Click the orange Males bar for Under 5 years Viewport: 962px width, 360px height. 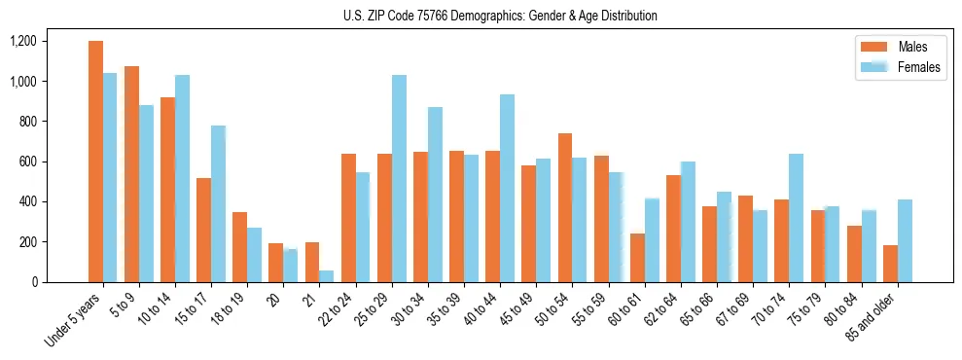coord(95,162)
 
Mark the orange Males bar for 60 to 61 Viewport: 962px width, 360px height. coord(637,258)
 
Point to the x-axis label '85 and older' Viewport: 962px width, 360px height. coord(879,321)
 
